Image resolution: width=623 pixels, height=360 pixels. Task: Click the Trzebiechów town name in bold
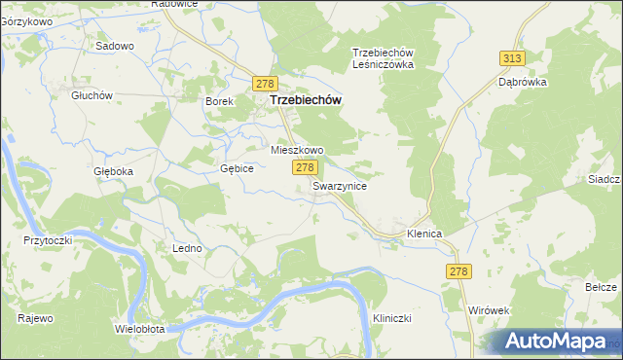click(x=304, y=100)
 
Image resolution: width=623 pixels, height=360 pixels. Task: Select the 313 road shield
click(x=513, y=58)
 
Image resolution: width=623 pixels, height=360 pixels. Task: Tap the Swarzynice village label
click(x=340, y=185)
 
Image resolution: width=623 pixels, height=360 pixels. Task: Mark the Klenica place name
click(x=425, y=234)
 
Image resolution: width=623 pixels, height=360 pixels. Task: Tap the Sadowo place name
click(x=114, y=46)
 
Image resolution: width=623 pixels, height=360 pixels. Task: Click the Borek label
click(x=218, y=100)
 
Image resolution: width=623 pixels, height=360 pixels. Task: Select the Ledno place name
click(x=188, y=248)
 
